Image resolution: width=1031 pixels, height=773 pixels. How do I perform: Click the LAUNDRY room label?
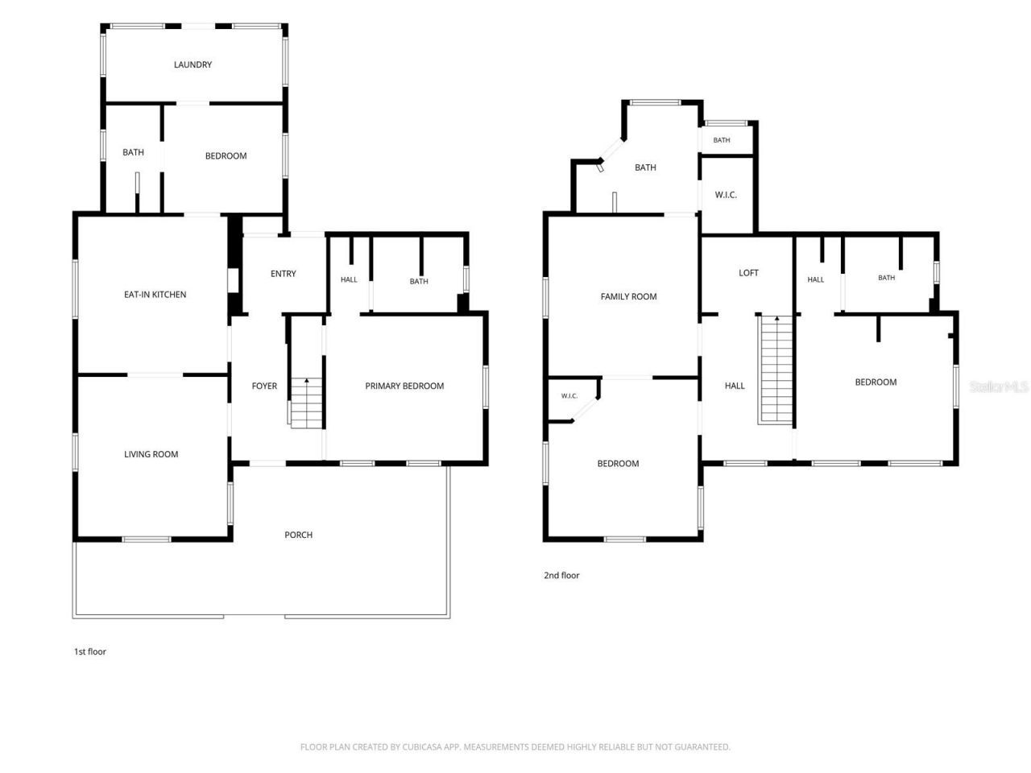click(x=193, y=64)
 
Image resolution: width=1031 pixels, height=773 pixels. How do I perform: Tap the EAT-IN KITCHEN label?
click(x=155, y=295)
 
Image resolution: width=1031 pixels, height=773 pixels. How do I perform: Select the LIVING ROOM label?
click(x=151, y=454)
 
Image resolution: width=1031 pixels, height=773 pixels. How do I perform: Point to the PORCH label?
click(x=298, y=535)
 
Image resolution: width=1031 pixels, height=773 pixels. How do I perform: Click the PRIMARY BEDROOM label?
click(x=404, y=386)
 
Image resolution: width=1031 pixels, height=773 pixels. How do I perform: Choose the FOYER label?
click(x=264, y=386)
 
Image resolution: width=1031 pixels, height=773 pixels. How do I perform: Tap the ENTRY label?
click(x=284, y=274)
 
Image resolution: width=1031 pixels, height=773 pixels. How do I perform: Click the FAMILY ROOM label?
click(x=628, y=296)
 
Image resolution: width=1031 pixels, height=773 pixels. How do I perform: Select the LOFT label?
click(x=748, y=273)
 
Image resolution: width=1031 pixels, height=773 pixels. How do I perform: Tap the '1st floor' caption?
click(x=89, y=651)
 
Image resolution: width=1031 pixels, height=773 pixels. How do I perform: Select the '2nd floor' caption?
click(x=561, y=576)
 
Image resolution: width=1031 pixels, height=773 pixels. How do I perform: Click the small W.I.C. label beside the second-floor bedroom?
click(x=569, y=396)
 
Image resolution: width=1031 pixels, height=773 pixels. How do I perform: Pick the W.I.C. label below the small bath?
click(x=726, y=195)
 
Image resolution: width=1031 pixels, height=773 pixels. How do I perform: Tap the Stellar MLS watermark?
click(x=999, y=386)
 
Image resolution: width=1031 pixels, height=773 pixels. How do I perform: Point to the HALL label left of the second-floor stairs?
click(x=734, y=386)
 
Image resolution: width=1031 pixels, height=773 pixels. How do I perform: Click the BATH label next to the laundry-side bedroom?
click(x=133, y=152)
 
